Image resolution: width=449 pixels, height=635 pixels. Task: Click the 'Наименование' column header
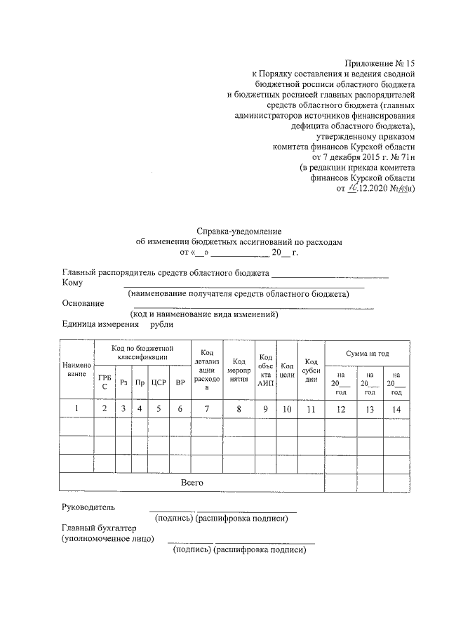(x=77, y=369)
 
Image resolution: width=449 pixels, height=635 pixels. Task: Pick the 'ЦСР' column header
(x=158, y=382)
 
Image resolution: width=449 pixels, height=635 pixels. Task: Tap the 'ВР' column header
(x=180, y=382)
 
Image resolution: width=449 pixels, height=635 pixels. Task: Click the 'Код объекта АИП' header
(x=266, y=370)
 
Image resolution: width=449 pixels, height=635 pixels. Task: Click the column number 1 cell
(x=77, y=408)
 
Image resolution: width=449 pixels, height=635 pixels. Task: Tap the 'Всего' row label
(x=192, y=483)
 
